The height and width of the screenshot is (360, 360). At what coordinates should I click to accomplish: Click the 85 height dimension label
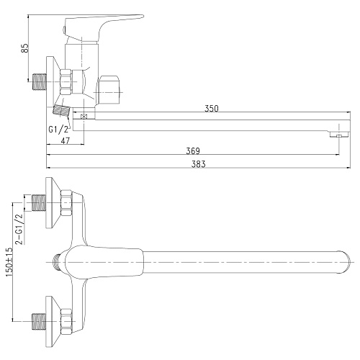click(25, 48)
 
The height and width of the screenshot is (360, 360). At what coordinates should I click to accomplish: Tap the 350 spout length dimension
click(212, 109)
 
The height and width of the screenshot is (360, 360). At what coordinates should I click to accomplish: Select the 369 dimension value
click(193, 151)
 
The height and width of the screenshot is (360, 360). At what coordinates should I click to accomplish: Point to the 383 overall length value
click(199, 164)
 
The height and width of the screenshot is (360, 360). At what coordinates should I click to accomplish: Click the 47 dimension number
click(66, 141)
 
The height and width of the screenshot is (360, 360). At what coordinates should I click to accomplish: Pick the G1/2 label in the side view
click(58, 130)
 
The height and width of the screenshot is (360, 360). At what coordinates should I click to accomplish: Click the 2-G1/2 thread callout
click(19, 229)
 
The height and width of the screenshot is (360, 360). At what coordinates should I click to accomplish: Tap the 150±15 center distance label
click(9, 262)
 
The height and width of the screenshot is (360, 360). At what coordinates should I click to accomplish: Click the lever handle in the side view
click(103, 28)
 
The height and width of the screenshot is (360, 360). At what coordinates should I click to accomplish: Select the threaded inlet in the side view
click(39, 81)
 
